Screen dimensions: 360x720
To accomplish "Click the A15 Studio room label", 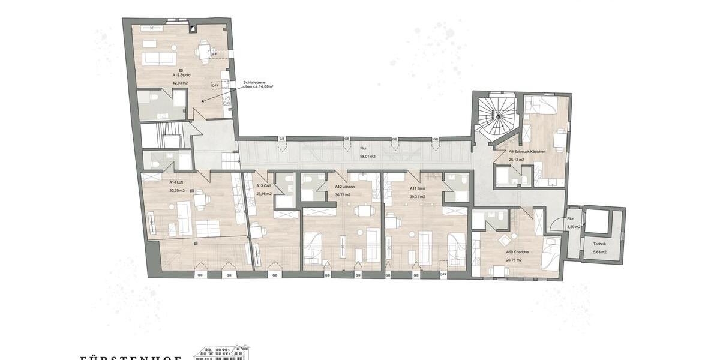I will [x=181, y=75].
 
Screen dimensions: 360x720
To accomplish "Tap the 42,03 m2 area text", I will [x=181, y=82].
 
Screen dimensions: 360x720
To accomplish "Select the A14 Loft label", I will [x=176, y=182].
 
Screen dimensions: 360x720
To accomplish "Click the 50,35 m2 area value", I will [x=178, y=190].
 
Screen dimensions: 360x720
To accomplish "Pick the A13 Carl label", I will [x=263, y=187].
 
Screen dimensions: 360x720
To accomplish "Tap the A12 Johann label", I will [x=344, y=187].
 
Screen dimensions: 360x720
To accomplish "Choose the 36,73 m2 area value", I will [x=344, y=195].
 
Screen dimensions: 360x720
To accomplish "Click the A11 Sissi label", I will [x=417, y=188].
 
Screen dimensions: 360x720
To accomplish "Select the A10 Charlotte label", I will [x=517, y=252].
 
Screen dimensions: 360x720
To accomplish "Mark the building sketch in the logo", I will [x=221, y=353].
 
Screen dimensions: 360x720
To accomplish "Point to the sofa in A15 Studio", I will [x=158, y=58].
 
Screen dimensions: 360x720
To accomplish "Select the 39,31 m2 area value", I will [x=417, y=196].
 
